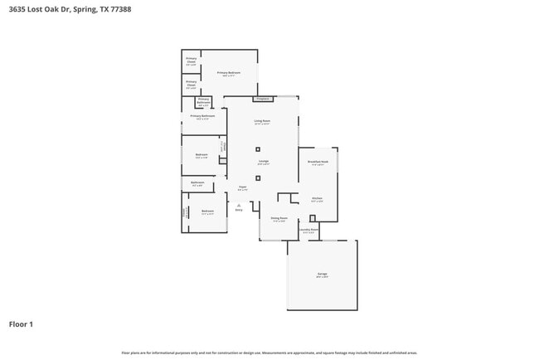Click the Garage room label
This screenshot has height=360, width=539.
click(322, 274)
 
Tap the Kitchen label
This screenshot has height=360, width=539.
click(317, 198)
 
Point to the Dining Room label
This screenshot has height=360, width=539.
click(278, 219)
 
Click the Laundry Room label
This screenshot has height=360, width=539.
click(308, 230)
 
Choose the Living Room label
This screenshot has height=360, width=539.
click(262, 121)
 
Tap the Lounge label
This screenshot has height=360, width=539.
click(263, 161)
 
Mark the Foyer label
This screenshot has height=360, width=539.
click(243, 187)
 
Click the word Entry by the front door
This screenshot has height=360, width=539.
click(239, 210)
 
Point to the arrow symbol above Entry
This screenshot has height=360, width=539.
click(239, 204)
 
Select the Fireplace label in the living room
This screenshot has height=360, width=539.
click(263, 99)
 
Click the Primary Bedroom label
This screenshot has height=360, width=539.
click(229, 73)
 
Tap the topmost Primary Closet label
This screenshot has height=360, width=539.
click(191, 60)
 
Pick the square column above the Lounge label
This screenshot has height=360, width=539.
click(258, 149)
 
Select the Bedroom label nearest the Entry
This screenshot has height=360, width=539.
click(207, 212)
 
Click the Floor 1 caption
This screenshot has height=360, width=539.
click(21, 324)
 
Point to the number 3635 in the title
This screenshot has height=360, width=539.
click(17, 9)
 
